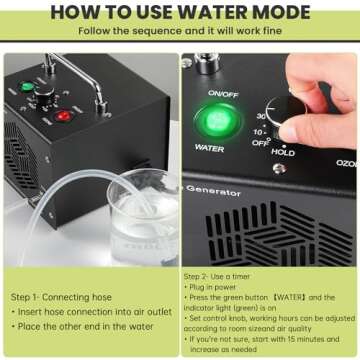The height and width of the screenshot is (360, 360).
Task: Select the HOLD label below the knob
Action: tap(283, 153)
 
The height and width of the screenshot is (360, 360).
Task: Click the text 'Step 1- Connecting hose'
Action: tap(60, 297)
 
